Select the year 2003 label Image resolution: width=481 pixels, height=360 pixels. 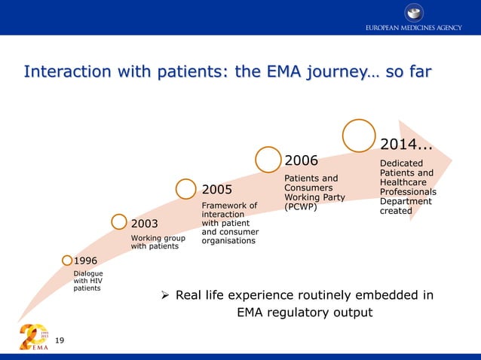click(x=145, y=224)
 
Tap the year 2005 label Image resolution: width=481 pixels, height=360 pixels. click(x=216, y=189)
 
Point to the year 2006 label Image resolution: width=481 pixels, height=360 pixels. click(x=301, y=160)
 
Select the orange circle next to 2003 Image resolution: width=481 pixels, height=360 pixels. click(x=119, y=221)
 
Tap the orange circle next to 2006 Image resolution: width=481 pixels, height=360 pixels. click(x=268, y=159)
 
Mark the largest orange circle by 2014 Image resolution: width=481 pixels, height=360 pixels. click(x=359, y=136)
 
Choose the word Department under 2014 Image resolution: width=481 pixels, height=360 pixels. click(x=406, y=201)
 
